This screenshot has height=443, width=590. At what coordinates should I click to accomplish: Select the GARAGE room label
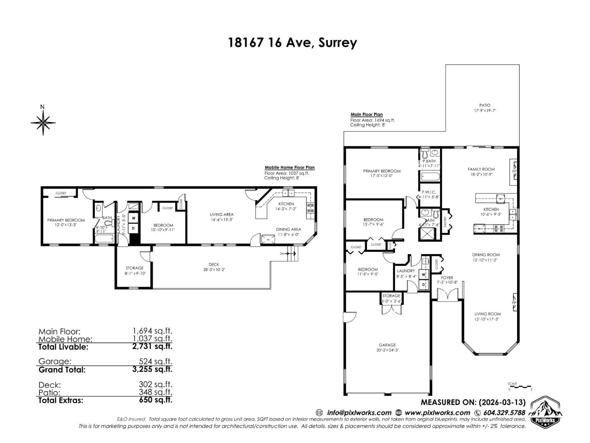pyautogui.click(x=387, y=345)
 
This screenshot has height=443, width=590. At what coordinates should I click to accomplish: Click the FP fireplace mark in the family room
pyautogui.click(x=514, y=171)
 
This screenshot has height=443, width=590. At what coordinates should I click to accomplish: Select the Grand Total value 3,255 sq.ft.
pyautogui.click(x=152, y=369)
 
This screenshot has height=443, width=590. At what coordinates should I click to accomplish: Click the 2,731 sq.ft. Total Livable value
pyautogui.click(x=152, y=346)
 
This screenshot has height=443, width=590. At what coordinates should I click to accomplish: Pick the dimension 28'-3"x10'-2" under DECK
pyautogui.click(x=214, y=270)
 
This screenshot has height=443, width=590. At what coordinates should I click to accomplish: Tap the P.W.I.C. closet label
pyautogui.click(x=429, y=192)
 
